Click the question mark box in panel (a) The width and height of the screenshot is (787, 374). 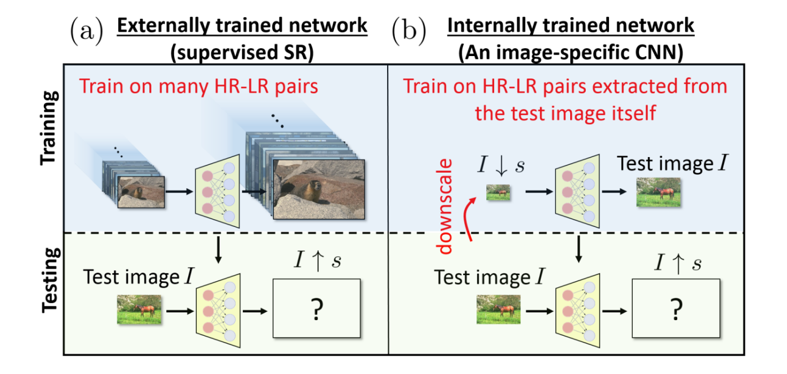click(x=316, y=308)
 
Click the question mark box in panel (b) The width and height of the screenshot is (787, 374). click(x=676, y=308)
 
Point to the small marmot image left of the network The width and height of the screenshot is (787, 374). click(x=141, y=191)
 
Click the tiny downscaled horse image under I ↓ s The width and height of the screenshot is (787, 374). click(x=497, y=193)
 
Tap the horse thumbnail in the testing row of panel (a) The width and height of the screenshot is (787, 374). click(x=139, y=309)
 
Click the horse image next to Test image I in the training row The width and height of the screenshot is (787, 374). click(x=658, y=193)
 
